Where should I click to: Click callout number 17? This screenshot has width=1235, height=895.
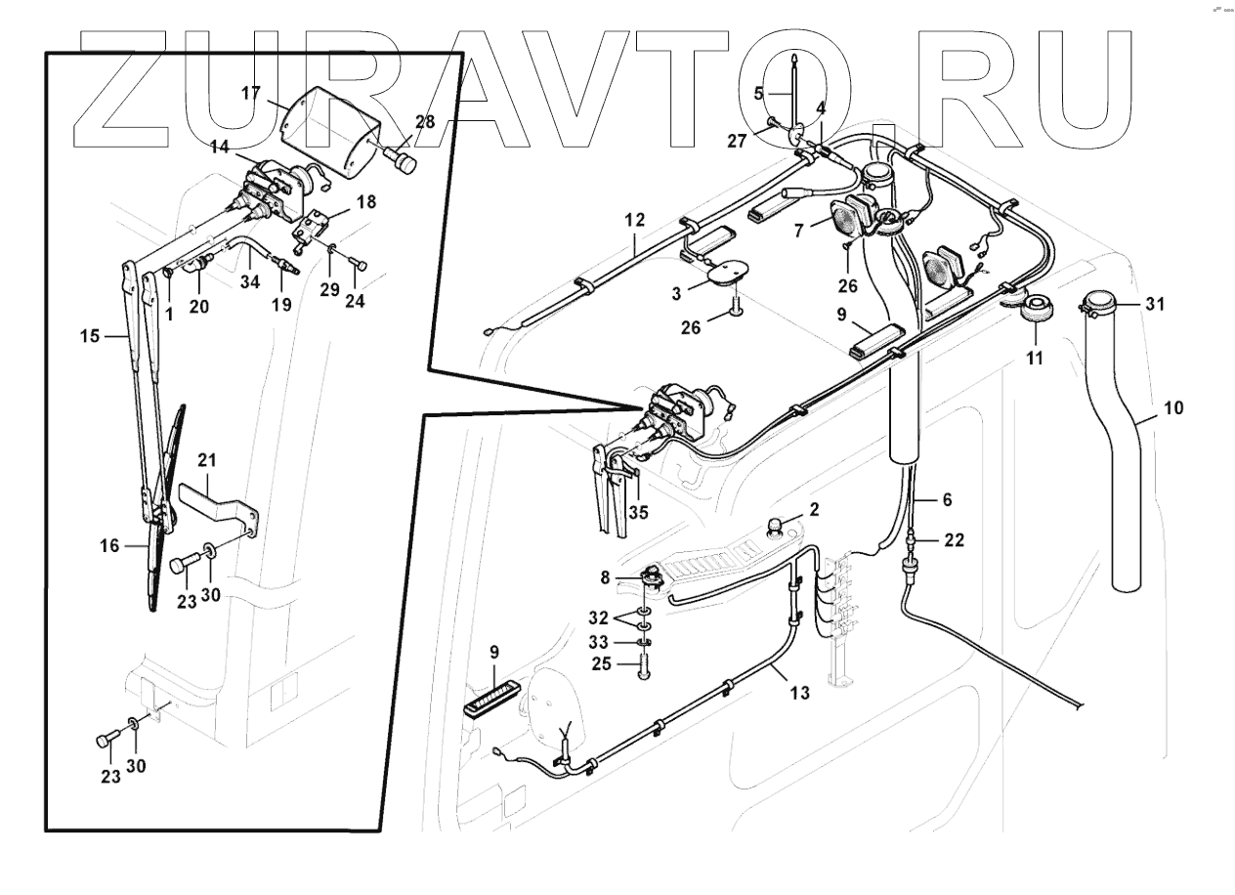click(x=251, y=94)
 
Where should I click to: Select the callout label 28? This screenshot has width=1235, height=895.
click(x=424, y=121)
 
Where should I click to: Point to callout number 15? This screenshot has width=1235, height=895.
click(x=91, y=335)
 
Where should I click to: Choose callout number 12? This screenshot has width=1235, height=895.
click(x=636, y=221)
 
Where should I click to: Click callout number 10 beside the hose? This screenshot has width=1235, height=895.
click(x=1173, y=407)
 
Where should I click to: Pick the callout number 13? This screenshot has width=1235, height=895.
click(x=799, y=693)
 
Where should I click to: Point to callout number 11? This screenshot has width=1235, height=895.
click(x=1035, y=359)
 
